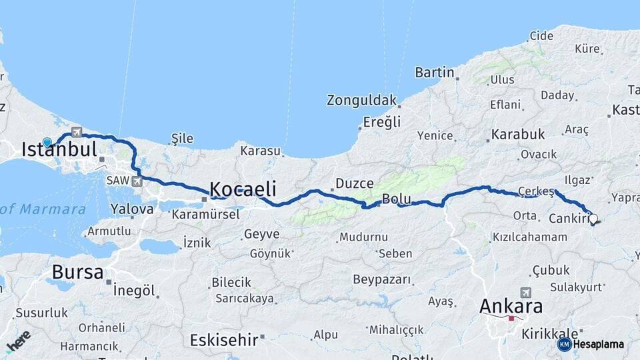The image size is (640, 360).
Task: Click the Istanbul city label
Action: click(59, 149)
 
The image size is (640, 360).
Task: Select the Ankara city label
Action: click(511, 307)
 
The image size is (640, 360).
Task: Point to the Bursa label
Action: click(77, 272)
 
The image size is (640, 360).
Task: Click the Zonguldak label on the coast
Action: click(361, 101)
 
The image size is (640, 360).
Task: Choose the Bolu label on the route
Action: click(396, 199)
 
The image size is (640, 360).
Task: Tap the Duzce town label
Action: click(354, 183)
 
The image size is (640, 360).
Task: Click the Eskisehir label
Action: click(224, 340)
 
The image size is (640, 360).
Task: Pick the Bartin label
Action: click(435, 72)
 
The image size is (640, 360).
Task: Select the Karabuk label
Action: click(518, 135)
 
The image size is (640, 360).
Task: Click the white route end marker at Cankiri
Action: click(593, 218)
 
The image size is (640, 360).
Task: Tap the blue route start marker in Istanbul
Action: click(47, 142)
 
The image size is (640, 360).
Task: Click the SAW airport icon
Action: click(137, 181)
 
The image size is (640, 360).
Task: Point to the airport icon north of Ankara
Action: click(526, 293)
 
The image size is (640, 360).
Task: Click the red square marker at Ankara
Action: click(511, 319)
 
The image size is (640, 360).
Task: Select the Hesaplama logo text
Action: click(598, 344)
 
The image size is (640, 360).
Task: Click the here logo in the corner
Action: click(19, 341)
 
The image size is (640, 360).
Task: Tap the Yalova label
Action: click(132, 209)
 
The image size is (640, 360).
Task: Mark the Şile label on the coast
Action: click(182, 139)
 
